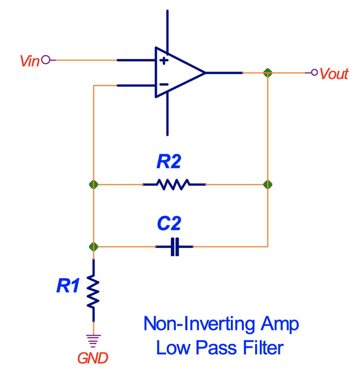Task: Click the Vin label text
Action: tap(29, 61)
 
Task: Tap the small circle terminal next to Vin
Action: tap(45, 60)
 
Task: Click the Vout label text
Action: tap(334, 74)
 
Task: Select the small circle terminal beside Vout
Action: tap(314, 73)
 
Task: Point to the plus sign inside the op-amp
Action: tap(164, 60)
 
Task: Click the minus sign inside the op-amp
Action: tap(164, 85)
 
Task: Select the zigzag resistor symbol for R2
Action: tap(174, 184)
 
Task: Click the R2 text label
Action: tap(168, 163)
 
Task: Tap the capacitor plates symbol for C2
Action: tap(174, 247)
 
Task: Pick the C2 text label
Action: tap(169, 224)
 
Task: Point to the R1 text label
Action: tap(68, 287)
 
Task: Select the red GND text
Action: tap(93, 358)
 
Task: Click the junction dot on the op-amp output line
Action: tap(268, 73)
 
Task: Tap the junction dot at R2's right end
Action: tap(268, 184)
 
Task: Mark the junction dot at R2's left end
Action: tap(93, 184)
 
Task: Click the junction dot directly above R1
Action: tap(93, 247)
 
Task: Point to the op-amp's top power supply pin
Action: tap(167, 29)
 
